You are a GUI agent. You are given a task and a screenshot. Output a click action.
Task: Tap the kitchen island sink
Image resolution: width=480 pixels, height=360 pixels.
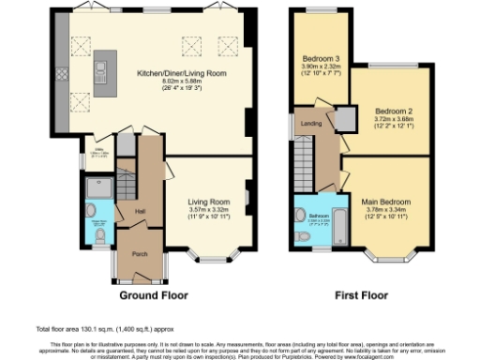click(x=98, y=67)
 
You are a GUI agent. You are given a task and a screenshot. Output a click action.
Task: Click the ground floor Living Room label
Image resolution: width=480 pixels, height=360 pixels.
click(x=209, y=201)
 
